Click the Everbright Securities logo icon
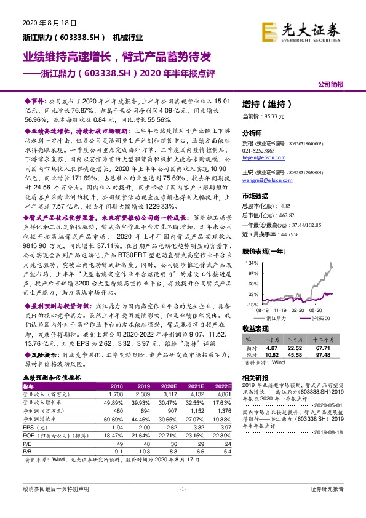269,30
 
